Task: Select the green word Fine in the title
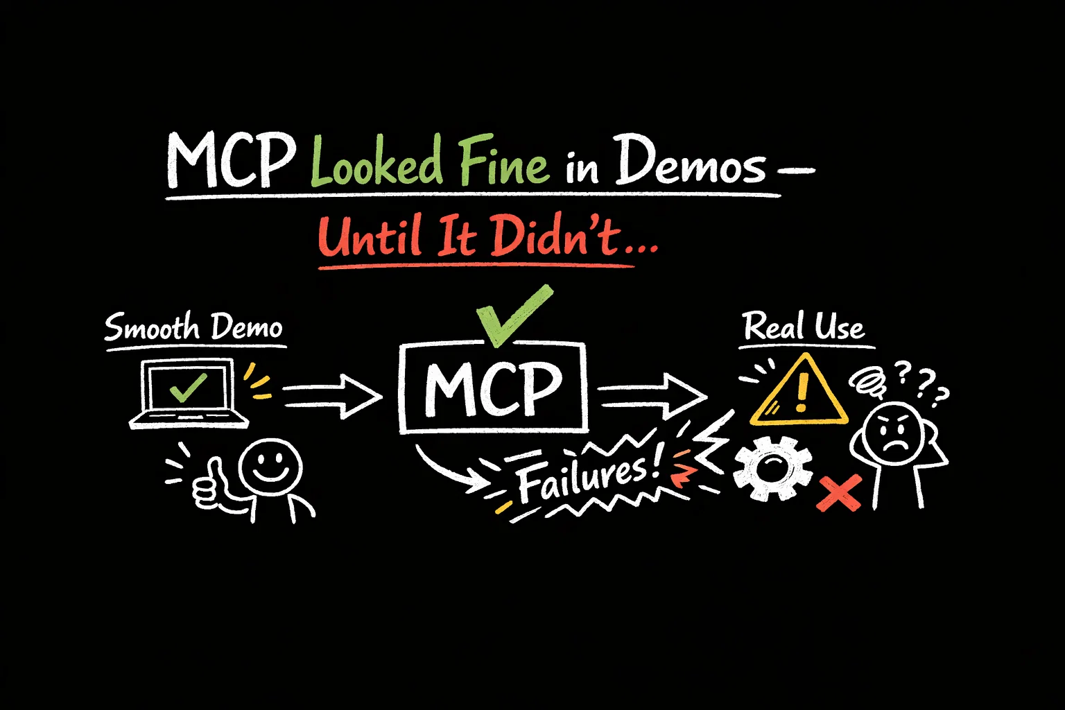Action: [503, 163]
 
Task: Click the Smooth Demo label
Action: [193, 327]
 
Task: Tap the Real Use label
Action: [804, 327]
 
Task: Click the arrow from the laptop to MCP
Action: [331, 396]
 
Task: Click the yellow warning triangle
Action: [799, 392]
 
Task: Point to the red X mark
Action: [838, 492]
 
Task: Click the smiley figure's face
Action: [270, 465]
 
